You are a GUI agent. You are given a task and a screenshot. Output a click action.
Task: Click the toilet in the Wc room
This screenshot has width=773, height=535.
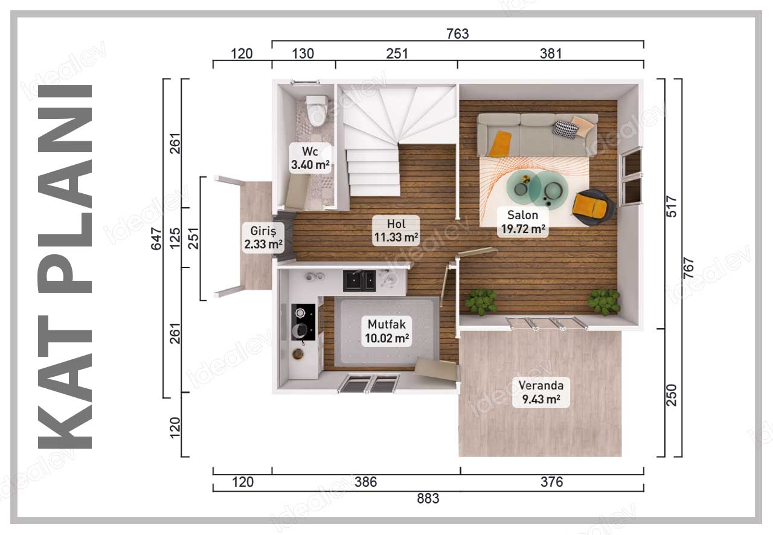click(317, 111)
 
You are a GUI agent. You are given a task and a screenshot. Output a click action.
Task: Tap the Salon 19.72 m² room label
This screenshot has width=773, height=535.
click(523, 222)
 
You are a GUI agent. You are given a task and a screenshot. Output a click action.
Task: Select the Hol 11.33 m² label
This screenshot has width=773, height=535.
click(396, 231)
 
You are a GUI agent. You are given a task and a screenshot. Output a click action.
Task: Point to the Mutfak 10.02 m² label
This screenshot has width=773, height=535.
click(387, 332)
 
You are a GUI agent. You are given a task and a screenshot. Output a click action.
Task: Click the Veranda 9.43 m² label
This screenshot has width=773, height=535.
click(540, 392)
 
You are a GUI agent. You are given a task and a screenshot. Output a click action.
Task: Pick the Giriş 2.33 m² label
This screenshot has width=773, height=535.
click(263, 237)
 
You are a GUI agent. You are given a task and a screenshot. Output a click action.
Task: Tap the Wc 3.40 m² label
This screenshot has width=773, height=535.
click(310, 158)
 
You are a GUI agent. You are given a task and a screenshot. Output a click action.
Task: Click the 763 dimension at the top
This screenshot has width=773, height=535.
click(458, 34)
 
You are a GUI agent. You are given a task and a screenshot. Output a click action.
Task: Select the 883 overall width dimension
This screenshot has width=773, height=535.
click(428, 499)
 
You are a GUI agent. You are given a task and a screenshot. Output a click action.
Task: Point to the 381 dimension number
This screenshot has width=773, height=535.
click(551, 54)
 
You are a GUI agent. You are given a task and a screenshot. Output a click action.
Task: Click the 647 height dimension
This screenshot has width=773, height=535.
click(156, 239)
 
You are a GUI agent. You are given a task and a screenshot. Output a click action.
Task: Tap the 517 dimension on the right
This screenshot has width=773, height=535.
click(672, 207)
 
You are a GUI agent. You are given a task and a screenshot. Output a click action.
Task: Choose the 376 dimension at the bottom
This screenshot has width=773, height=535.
click(551, 482)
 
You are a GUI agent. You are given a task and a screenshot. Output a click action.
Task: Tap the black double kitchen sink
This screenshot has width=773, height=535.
click(359, 280)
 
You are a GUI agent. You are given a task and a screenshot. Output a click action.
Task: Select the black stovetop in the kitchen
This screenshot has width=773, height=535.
click(303, 322)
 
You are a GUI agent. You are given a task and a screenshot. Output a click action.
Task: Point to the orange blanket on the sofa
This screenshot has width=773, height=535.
click(499, 144)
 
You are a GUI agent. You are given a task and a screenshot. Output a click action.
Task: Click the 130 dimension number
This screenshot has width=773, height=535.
click(303, 54)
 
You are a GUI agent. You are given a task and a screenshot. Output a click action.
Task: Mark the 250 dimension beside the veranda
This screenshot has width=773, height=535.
click(672, 395)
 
